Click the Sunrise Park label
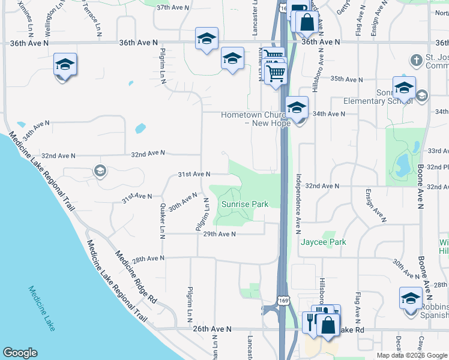point(244,205)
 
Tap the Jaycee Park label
point(324,242)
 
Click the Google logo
point(20,353)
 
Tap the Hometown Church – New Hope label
point(255,119)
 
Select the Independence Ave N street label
point(297,204)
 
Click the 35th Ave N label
point(346,79)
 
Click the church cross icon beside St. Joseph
point(415,61)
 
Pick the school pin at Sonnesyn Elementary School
point(404,88)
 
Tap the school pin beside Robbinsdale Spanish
point(411,298)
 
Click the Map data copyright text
point(411,355)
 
